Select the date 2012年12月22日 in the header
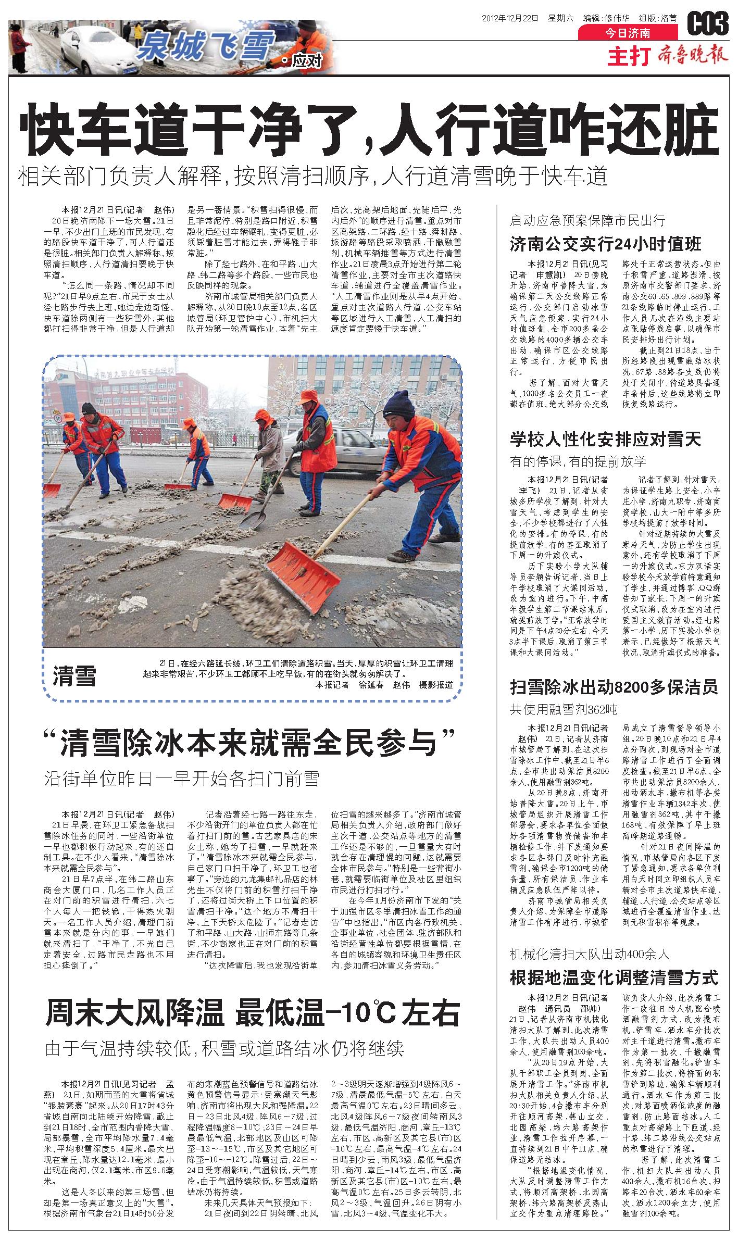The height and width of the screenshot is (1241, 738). [510, 18]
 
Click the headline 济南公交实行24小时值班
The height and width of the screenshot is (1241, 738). [605, 243]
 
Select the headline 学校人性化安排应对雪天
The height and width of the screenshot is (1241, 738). [605, 440]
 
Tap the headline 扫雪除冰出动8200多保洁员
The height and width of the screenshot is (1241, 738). [614, 687]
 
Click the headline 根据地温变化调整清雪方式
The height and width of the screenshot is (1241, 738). [614, 977]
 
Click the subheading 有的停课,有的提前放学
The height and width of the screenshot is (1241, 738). [578, 461]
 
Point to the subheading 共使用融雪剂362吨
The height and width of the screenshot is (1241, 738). [564, 709]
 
